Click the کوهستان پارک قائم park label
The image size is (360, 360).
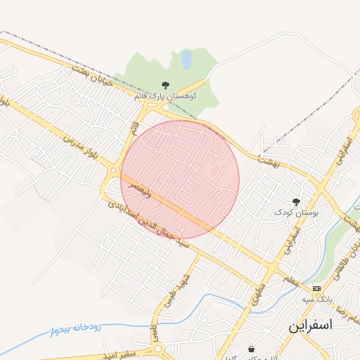[x=165, y=95]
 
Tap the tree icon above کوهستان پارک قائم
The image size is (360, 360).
[x=165, y=85]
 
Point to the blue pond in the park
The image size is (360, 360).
[x=186, y=60]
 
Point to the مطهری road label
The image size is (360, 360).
[x=257, y=295]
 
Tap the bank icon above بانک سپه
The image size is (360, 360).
[x=317, y=288]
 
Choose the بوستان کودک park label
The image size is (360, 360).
[x=297, y=212]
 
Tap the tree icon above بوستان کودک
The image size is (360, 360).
[x=296, y=202]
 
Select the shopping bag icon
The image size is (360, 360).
[x=251, y=349]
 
